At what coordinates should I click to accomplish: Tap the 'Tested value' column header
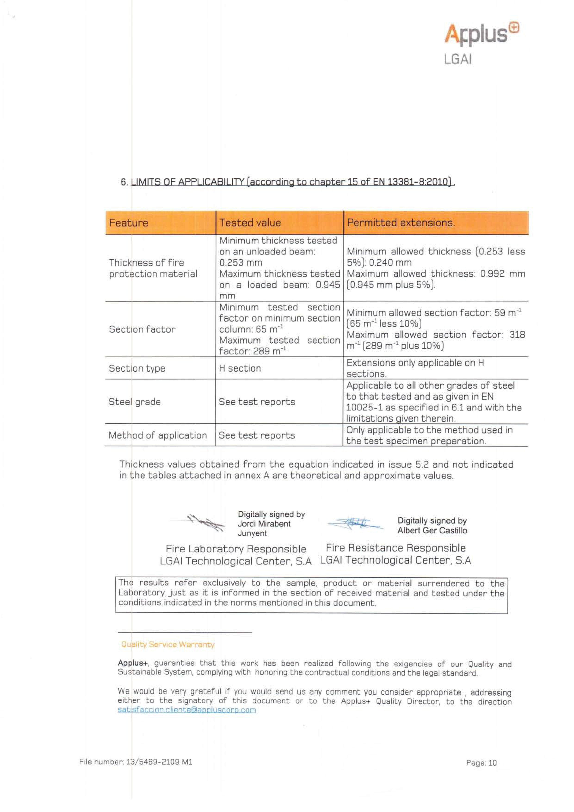pos(250,223)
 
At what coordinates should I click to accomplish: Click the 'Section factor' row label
pos(142,329)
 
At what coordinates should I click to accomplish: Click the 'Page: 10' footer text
pos(481,763)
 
